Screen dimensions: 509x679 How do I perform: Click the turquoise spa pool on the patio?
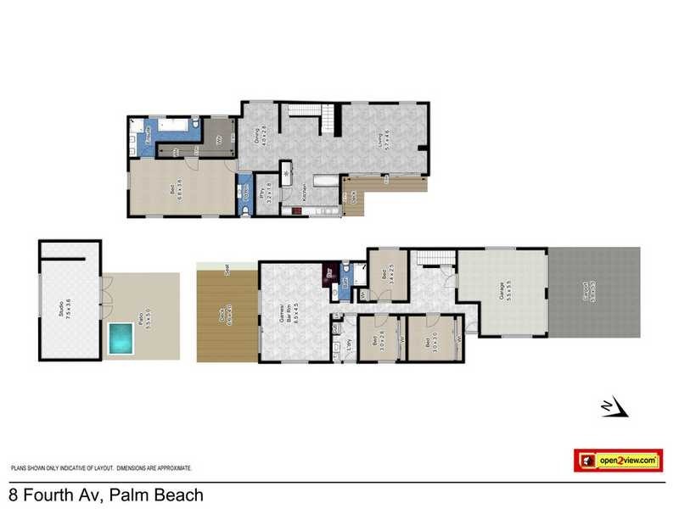[x=121, y=338]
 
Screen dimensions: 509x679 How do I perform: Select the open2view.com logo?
[x=617, y=460]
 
